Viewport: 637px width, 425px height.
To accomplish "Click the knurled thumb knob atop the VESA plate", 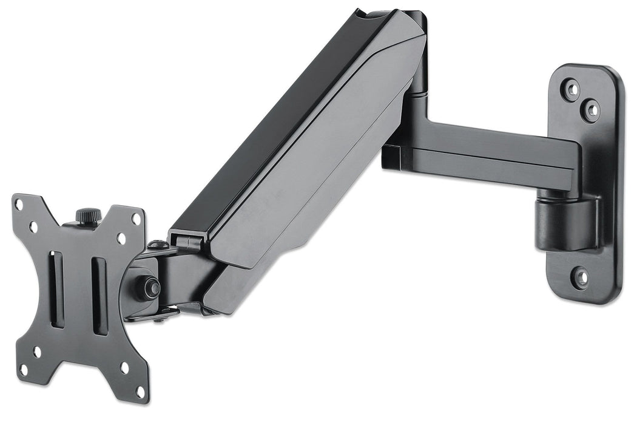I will [x=88, y=216].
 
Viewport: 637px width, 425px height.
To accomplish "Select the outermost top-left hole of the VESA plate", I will [x=20, y=205].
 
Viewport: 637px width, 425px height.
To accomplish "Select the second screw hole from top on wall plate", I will [x=590, y=110].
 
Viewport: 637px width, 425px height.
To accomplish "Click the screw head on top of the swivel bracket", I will [x=158, y=245].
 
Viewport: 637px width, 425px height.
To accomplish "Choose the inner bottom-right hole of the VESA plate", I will [x=124, y=367].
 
